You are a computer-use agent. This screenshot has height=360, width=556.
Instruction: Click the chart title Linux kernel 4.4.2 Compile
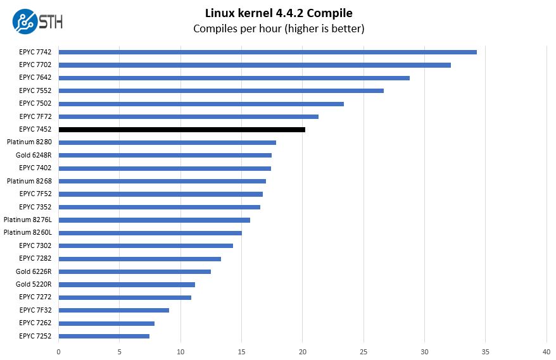tap(279, 13)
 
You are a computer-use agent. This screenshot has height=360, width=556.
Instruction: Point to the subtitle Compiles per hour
tap(279, 28)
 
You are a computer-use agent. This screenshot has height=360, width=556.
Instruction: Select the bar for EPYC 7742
tap(267, 52)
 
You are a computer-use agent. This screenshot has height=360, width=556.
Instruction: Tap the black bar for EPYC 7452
tap(182, 129)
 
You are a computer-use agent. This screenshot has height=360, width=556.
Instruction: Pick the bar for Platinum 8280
tap(167, 142)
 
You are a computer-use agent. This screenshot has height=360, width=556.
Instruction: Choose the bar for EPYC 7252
tap(104, 336)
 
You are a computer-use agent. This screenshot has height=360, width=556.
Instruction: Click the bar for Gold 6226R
tap(134, 271)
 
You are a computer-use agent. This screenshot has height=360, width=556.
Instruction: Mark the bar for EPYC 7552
tap(221, 90)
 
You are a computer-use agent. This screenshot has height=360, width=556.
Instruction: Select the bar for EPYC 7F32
tap(113, 310)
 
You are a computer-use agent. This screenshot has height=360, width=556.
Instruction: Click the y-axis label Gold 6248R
tap(34, 155)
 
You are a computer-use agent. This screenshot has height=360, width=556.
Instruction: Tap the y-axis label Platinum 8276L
tap(28, 220)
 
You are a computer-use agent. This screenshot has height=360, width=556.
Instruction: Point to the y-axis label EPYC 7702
tap(35, 65)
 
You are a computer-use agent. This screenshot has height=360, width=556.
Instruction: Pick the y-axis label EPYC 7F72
tap(35, 116)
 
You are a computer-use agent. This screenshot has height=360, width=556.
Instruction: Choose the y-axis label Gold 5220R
tap(34, 284)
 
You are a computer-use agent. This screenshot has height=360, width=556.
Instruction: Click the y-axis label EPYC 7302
tap(35, 245)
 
